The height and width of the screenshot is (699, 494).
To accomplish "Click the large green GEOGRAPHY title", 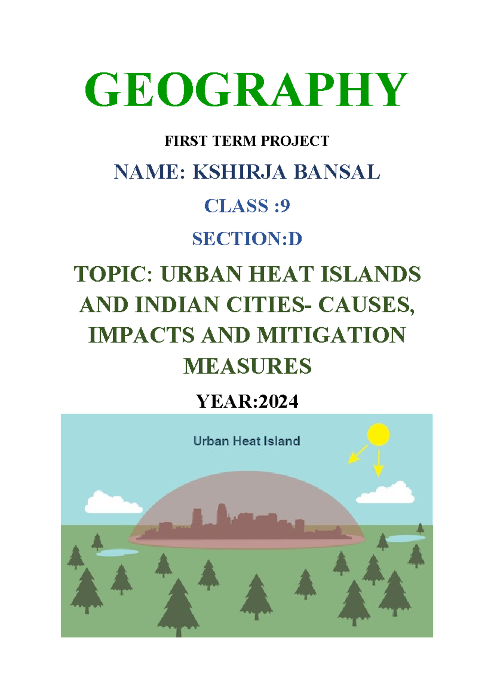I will [x=246, y=89].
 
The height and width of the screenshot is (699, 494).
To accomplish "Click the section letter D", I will [x=295, y=239].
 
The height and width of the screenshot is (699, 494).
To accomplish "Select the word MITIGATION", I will [x=331, y=335].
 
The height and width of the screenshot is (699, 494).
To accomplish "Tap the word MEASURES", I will [x=247, y=366].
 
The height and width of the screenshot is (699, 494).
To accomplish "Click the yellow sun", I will [x=378, y=434].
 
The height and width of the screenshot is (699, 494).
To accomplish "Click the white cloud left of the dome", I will [x=112, y=503].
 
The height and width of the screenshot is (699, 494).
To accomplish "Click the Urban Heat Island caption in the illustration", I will [x=247, y=441].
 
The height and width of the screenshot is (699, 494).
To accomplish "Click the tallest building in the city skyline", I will [x=222, y=515].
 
